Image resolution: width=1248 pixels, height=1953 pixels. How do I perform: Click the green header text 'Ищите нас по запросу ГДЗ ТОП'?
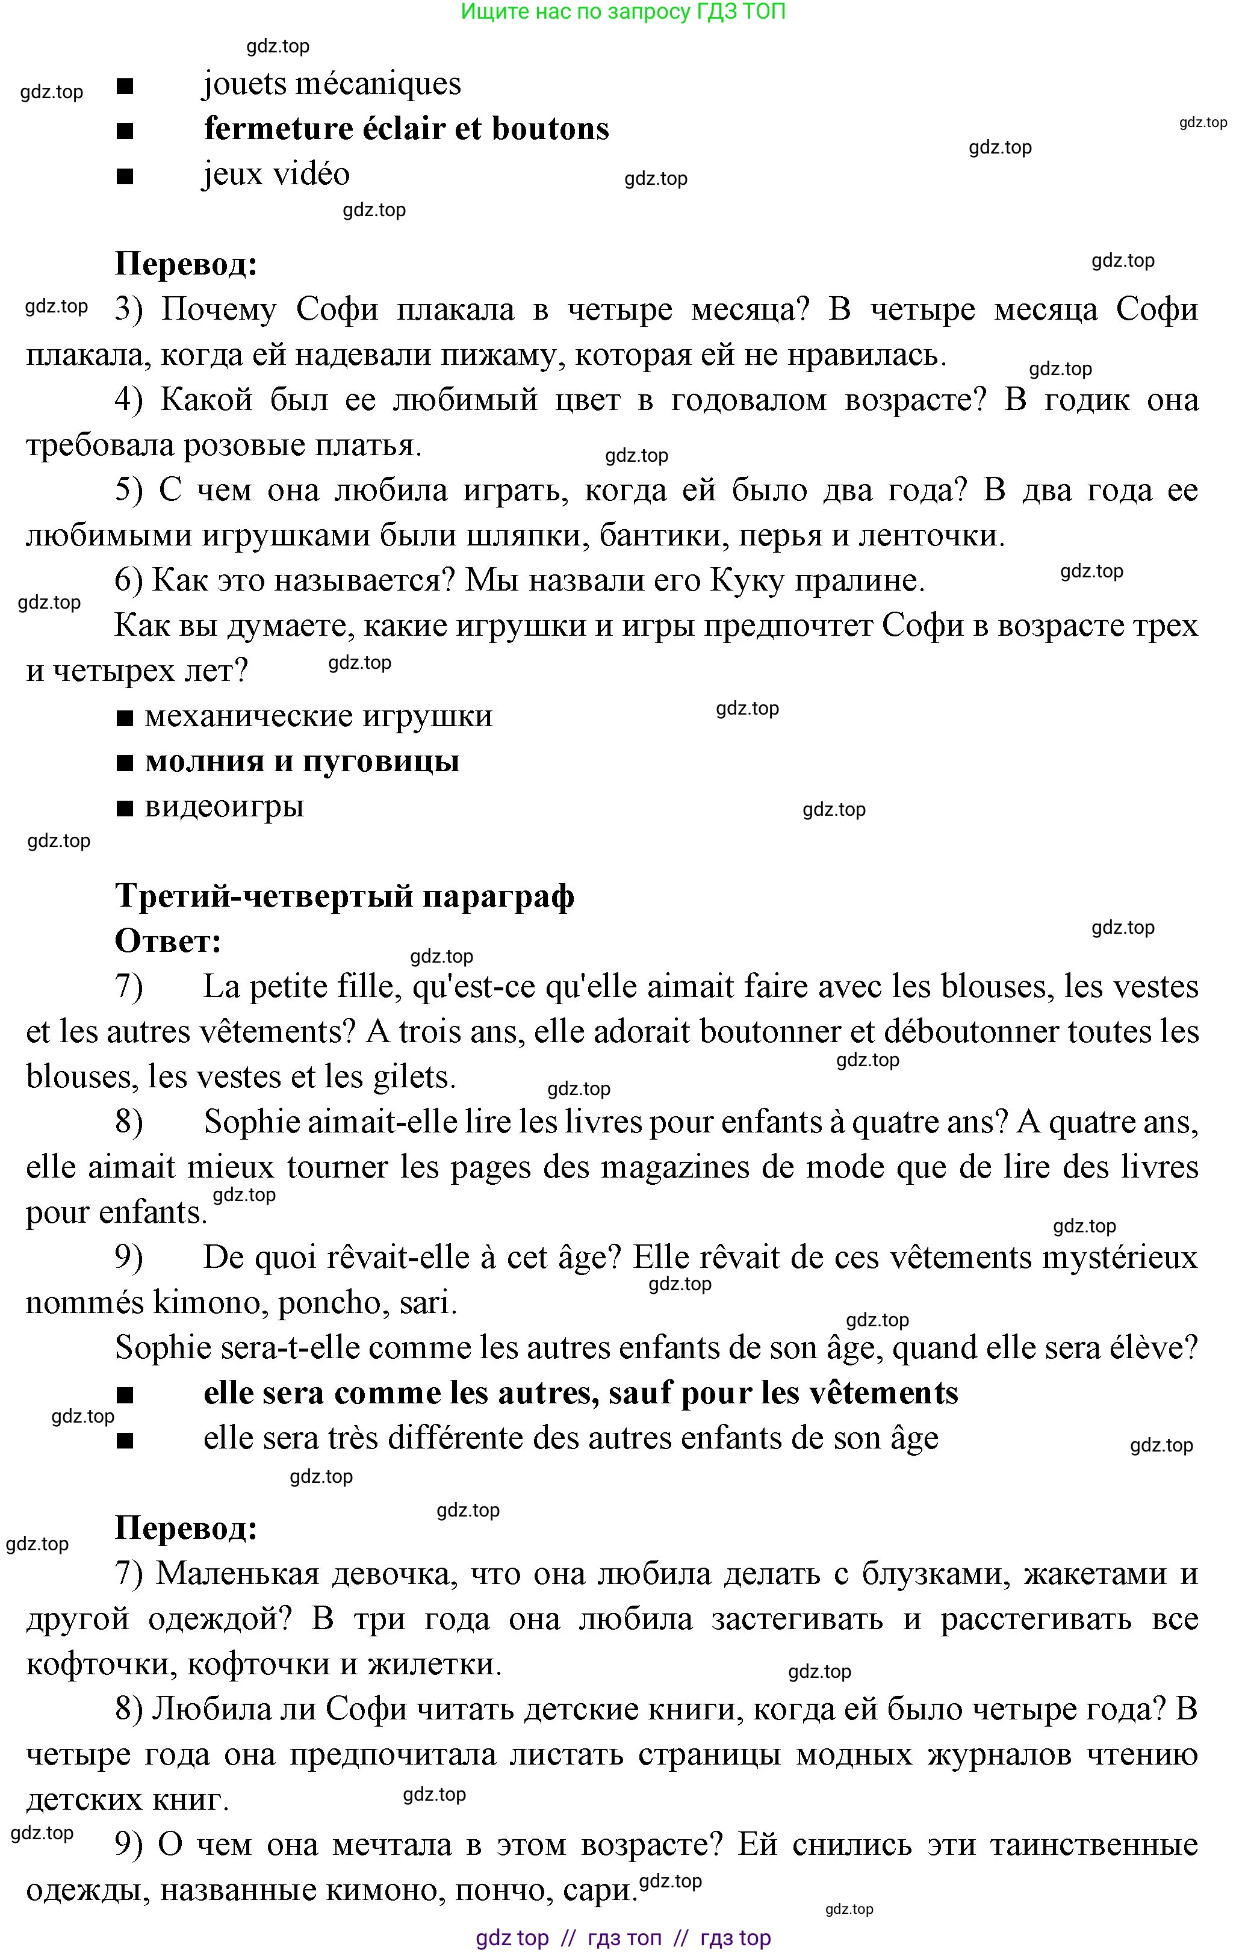point(622,11)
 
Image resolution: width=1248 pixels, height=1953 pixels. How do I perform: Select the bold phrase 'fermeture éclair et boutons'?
point(406,129)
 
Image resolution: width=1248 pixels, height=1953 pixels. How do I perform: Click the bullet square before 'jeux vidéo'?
point(125,176)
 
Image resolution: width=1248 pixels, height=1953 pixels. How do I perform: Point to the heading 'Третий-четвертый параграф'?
point(344,896)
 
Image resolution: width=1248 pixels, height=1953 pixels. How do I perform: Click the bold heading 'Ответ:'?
point(168,941)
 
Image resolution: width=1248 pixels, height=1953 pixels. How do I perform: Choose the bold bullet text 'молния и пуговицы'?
point(302,762)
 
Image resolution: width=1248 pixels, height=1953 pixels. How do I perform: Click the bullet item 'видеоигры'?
point(224,807)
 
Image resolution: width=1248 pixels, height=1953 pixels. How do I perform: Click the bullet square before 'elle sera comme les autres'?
point(125,1395)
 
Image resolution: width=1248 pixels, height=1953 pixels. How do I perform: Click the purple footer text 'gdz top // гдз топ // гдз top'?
point(622,1937)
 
